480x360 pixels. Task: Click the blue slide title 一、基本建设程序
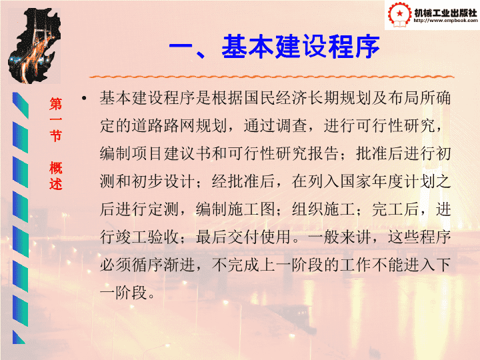tap(274, 47)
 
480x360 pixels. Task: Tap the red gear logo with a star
tap(399, 14)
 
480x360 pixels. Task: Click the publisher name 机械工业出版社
tap(445, 13)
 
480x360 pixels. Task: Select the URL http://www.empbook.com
tap(445, 21)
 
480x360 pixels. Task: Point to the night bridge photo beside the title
tap(34, 46)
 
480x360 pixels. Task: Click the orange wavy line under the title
tap(271, 77)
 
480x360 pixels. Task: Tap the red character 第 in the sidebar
tap(56, 104)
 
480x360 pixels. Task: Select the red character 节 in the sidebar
tap(56, 135)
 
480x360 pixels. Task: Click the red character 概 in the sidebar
tap(56, 168)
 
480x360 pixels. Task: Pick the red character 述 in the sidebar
tap(56, 184)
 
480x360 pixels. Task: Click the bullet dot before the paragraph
tap(83, 98)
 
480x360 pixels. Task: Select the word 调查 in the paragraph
tap(291, 125)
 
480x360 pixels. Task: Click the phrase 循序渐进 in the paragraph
tap(163, 265)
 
